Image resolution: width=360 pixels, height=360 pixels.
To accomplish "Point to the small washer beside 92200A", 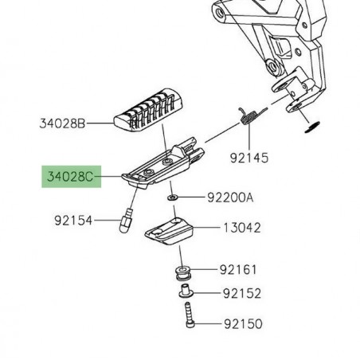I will click(x=172, y=197).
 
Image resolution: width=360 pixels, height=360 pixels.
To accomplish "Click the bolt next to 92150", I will click(x=190, y=318).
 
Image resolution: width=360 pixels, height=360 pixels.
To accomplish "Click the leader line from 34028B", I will click(x=100, y=124).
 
